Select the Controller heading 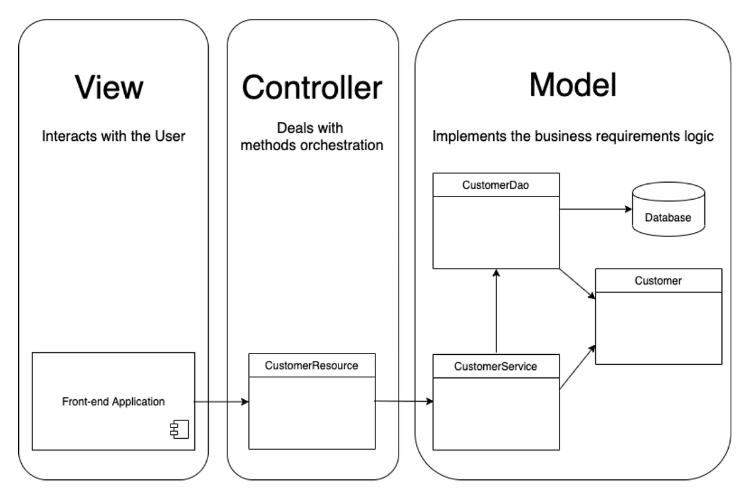pos(312,87)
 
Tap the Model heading pos(573,84)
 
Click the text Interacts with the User pos(113,136)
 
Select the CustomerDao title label pos(496,185)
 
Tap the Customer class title pos(658,281)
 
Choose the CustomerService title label pos(496,366)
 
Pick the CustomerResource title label pos(312,365)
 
